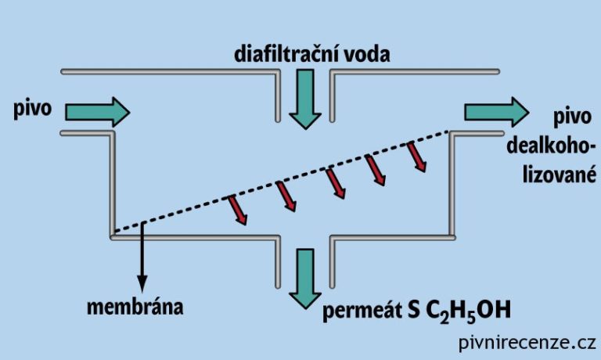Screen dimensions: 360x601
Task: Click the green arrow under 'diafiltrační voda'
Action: click(304, 100)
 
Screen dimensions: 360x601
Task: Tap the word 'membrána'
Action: click(135, 305)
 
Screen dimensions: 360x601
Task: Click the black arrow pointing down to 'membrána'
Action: click(142, 262)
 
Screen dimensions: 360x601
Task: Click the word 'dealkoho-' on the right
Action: click(551, 146)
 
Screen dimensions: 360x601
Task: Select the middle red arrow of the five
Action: click(334, 182)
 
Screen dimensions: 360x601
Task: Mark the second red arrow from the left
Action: click(286, 196)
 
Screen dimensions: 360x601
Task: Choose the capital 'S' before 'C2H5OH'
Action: click(412, 311)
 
